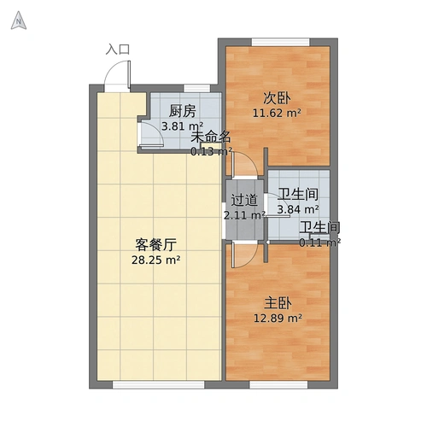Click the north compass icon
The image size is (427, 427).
[x=17, y=23]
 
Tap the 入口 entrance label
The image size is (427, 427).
[x=118, y=50]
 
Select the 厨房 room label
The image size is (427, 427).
[x=183, y=111]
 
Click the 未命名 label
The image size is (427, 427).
[x=210, y=137]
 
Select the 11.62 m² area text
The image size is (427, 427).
[x=276, y=113]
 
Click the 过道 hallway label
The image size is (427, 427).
[x=244, y=201]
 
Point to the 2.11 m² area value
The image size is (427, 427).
[x=244, y=215]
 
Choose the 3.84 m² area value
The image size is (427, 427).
[x=299, y=208]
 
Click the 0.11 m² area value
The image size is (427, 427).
[x=319, y=242]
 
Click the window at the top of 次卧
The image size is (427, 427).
[x=275, y=41]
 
